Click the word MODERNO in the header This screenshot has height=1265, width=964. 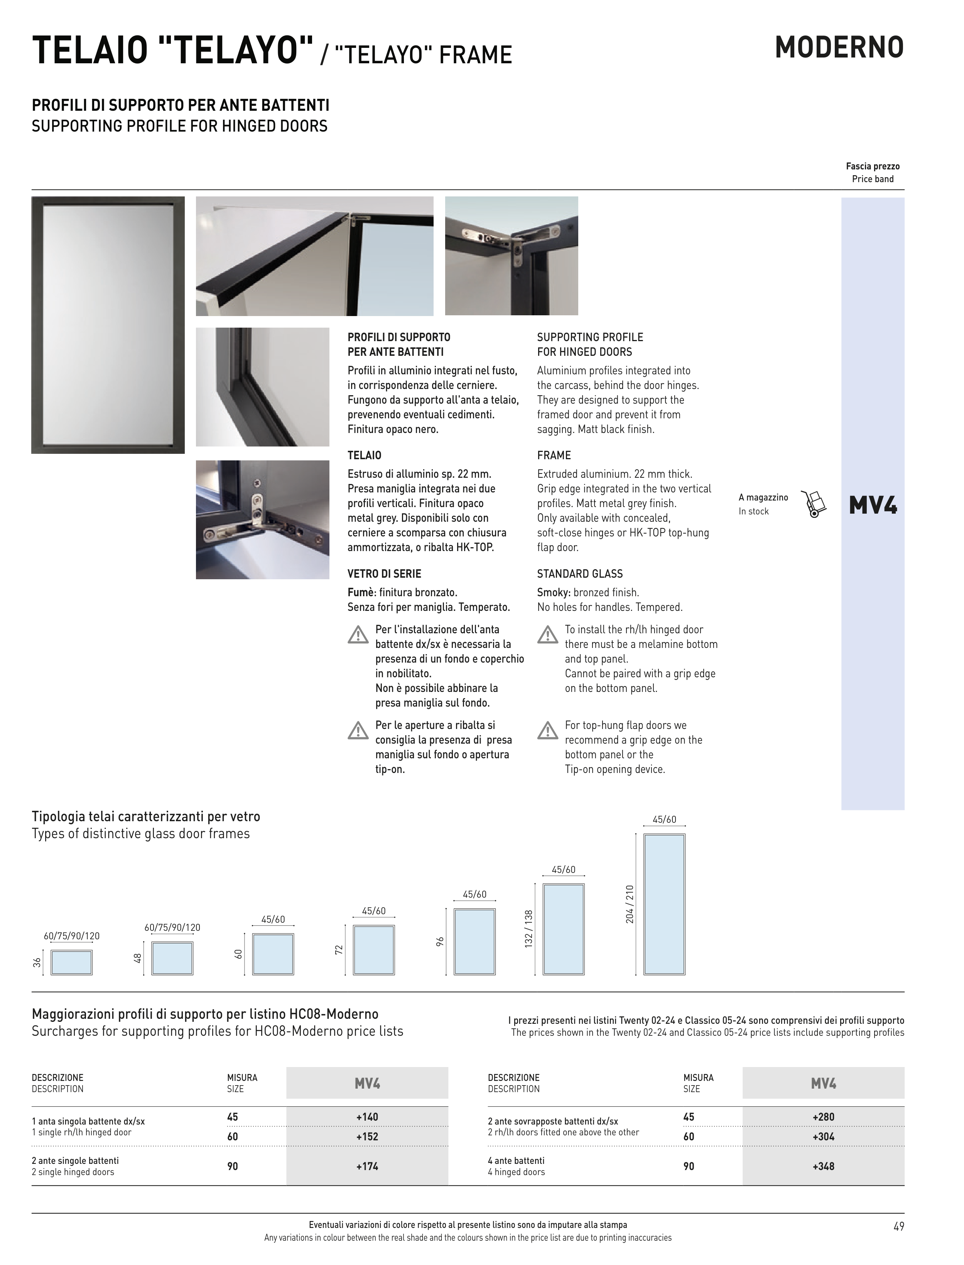pos(839,47)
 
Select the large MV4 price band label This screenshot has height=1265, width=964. pos(872,505)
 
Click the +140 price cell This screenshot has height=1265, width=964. pos(367,1117)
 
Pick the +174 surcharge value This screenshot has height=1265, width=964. pos(367,1166)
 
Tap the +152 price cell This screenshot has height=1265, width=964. pos(367,1136)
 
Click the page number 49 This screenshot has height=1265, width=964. pos(898,1226)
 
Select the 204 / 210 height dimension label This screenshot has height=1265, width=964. pos(630,904)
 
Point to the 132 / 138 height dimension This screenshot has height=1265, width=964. pos(528,928)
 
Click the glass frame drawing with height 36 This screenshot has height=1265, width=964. pos(72,962)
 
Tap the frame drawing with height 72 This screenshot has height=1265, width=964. pos(373,950)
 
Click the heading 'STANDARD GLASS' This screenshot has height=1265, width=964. pos(579,574)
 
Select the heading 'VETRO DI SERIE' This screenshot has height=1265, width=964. pos(385,574)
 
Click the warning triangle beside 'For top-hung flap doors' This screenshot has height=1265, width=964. pos(547,731)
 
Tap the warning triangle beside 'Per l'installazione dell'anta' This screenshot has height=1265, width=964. pos(358,635)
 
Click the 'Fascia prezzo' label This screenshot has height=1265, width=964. pos(872,166)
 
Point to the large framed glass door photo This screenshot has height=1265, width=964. pos(108,325)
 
